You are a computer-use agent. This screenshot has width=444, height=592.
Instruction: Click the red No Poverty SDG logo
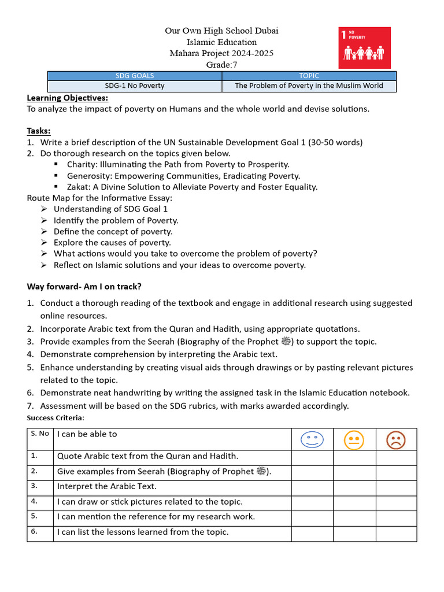pos(364,47)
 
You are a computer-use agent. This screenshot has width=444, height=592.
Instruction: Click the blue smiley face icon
pos(312,441)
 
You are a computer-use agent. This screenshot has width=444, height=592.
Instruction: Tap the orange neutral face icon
pos(354,441)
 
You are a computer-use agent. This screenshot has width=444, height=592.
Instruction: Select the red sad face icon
pos(396,441)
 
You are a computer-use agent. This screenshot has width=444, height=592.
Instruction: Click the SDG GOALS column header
pos(135,76)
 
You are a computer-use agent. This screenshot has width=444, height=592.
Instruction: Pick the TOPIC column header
pos(309,76)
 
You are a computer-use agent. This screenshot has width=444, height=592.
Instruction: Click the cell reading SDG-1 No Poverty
pos(135,86)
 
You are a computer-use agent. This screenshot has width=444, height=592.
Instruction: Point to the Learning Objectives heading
pos(67,98)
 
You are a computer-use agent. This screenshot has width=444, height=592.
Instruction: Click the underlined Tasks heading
pos(39,131)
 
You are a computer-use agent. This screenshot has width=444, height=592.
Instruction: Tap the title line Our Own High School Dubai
pos(221,31)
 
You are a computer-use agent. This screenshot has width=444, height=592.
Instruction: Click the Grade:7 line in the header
pos(221,65)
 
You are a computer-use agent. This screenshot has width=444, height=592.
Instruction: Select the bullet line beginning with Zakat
pos(192,187)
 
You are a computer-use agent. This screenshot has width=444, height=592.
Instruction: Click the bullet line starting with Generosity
pos(183,176)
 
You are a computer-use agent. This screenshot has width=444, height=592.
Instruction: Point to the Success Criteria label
pos(55,417)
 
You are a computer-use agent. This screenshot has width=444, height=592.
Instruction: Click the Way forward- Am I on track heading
pos(84,287)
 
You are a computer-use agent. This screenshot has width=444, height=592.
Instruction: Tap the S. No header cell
pos(40,434)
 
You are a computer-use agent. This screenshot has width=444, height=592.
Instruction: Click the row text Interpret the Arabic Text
pos(106,487)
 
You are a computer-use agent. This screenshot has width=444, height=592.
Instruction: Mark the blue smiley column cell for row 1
pos(312,457)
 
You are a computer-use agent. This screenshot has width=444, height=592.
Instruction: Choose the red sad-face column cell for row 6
pos(396,533)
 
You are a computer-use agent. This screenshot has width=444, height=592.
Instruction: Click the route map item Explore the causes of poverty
pos(112,243)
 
